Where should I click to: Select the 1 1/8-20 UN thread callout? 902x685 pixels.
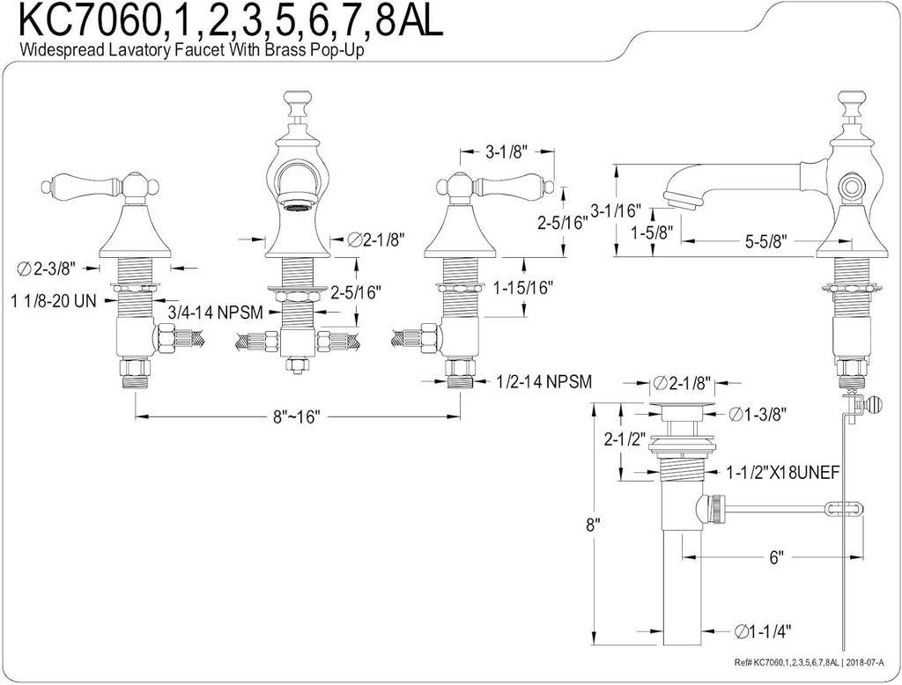[x=54, y=299]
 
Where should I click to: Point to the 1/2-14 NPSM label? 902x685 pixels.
[x=543, y=381]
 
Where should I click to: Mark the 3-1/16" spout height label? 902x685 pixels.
[x=614, y=211]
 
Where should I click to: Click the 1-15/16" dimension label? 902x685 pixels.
[x=522, y=288]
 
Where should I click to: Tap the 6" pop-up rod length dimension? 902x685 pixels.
[x=775, y=558]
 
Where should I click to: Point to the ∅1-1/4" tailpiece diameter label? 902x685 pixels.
[x=763, y=630]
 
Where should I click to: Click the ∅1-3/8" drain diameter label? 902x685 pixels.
[x=758, y=413]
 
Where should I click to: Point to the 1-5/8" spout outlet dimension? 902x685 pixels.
[x=653, y=233]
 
